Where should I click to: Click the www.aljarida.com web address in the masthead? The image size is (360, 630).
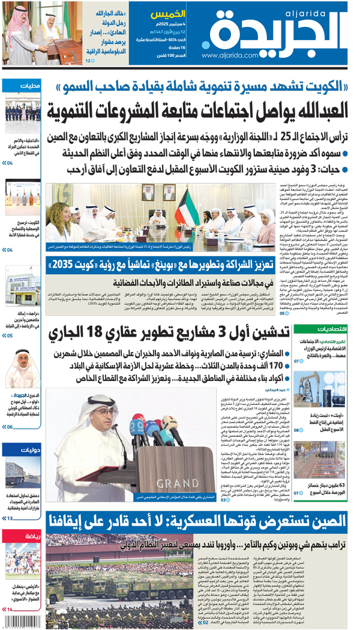pos(232,55)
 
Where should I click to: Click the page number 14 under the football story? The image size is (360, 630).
pos(10,610)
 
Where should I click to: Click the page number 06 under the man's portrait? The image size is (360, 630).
pos(10,427)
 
